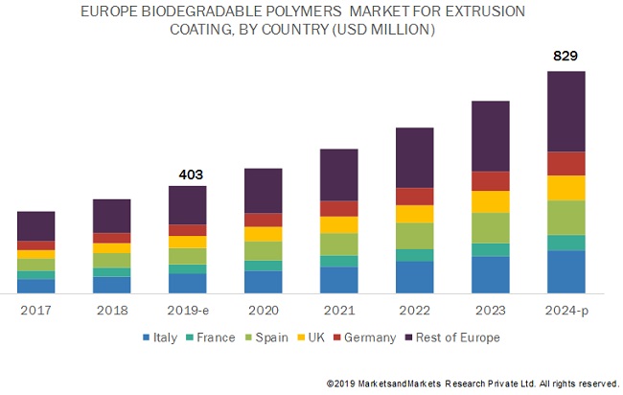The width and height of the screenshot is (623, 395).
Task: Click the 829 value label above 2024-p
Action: (566, 57)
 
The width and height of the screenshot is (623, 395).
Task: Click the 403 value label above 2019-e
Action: (187, 174)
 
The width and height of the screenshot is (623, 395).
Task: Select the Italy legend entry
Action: (159, 337)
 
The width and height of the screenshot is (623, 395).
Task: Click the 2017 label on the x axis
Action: (35, 311)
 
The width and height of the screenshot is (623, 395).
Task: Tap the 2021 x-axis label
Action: (338, 311)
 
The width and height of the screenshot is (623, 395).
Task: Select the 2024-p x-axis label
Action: (566, 311)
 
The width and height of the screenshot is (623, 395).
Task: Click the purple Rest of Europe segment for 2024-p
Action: (566, 111)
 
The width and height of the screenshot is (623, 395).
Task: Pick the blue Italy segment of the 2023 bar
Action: (491, 274)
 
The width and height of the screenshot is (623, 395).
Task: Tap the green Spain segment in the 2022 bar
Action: (415, 236)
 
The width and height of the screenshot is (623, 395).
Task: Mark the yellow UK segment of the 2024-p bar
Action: (566, 188)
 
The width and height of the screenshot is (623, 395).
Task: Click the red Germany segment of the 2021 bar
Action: (338, 208)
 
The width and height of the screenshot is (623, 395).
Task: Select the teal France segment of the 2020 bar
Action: (264, 266)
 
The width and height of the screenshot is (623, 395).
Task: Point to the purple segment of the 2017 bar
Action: (35, 226)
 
